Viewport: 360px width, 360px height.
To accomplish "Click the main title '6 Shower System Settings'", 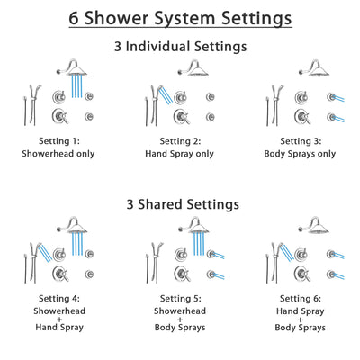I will click(x=180, y=18).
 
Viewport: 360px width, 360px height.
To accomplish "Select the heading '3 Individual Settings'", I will click(x=180, y=46).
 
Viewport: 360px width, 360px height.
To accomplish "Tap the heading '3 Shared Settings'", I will click(x=180, y=204).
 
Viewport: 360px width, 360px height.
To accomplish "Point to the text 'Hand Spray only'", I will click(x=180, y=154).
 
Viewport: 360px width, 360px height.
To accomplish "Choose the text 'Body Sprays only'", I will click(x=301, y=154).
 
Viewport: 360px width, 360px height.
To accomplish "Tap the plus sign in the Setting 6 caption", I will click(x=301, y=322).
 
